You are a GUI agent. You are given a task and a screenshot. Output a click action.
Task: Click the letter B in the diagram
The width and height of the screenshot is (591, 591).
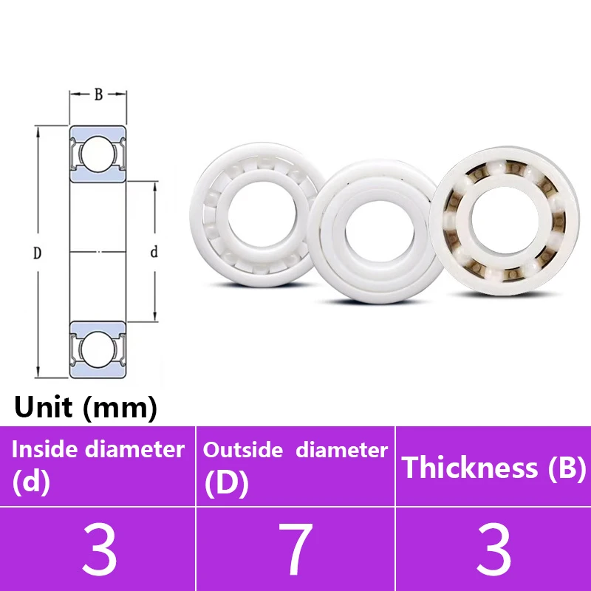tap(98, 95)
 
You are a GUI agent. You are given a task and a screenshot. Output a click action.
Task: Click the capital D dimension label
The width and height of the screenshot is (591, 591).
tap(37, 253)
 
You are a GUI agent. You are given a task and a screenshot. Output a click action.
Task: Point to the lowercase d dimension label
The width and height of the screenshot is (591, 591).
tap(154, 252)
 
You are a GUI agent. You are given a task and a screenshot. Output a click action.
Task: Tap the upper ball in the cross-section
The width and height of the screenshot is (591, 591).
tap(98, 154)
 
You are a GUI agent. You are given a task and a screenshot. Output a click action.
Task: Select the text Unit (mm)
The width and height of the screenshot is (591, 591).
tap(85, 407)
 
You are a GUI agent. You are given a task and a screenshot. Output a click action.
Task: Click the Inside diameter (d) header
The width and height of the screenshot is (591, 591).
tap(98, 465)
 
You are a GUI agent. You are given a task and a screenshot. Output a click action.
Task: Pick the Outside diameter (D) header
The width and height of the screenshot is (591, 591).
tap(295, 465)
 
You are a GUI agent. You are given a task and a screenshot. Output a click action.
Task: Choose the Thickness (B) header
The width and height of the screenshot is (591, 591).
tap(493, 467)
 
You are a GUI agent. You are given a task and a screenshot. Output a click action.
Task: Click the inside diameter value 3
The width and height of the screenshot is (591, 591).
tap(99, 550)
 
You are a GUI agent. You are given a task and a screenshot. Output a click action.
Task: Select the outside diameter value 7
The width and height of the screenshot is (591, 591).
tap(297, 550)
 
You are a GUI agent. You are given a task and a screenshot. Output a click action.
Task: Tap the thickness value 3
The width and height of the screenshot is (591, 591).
tap(493, 550)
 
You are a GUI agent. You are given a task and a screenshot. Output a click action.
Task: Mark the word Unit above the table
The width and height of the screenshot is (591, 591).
tap(43, 407)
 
